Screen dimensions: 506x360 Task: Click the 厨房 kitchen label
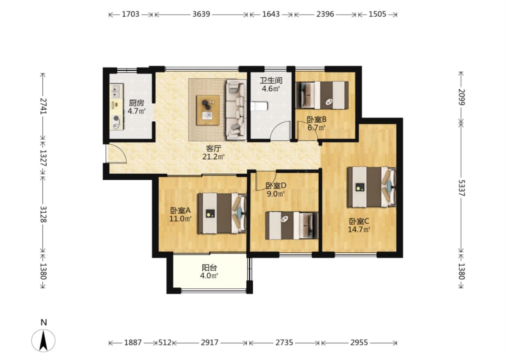pos(136,103)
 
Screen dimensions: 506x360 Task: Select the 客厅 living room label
pos(214,148)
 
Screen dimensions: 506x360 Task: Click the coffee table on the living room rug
pos(208,110)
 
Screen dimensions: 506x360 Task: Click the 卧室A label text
pos(180,211)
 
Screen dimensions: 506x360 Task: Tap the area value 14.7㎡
pos(359,230)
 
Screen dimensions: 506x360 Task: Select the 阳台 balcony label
pos(209,268)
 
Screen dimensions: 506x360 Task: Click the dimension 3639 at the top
pos(201,14)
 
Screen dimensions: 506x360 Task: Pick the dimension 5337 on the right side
pos(461,188)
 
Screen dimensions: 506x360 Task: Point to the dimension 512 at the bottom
pos(165,343)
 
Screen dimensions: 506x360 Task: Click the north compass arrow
pos(43,341)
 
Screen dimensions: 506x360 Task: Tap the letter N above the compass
pos(44,322)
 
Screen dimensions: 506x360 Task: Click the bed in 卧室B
pos(322,95)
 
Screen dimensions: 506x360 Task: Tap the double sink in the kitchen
pos(116,91)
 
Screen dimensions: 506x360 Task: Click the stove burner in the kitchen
pos(116,118)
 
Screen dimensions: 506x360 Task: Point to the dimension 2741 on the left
pos(43,106)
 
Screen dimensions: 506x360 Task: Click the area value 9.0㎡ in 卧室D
pos(275,194)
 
